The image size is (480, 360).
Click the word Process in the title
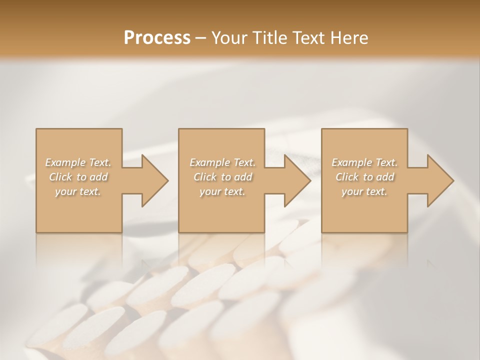[x=157, y=37]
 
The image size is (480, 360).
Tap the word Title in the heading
[x=268, y=37]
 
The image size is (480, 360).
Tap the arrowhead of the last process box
[x=439, y=180]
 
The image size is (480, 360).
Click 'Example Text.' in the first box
[x=78, y=162]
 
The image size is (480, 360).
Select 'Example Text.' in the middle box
[x=222, y=162]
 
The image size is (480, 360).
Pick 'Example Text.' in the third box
[x=364, y=162]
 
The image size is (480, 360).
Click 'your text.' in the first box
[x=78, y=191]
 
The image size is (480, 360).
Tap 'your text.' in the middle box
[x=222, y=191]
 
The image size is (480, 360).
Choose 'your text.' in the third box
[x=364, y=191]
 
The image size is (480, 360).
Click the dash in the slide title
[x=200, y=38]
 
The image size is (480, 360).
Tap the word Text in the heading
[x=307, y=37]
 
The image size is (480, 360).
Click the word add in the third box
[x=385, y=177]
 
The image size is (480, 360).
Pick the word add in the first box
[x=99, y=177]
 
